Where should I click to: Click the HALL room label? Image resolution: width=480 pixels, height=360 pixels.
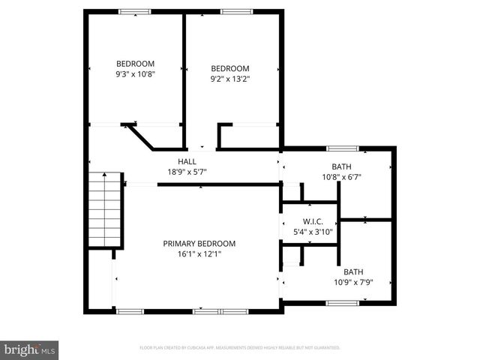187,161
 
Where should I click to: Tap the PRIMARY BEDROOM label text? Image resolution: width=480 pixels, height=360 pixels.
199,244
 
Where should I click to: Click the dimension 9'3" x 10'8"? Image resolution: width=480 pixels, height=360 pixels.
135,74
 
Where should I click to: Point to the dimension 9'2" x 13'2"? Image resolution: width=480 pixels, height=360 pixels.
230,78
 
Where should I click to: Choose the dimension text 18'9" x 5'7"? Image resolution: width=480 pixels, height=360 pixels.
187,172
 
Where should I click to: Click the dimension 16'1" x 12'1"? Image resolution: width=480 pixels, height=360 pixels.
199,254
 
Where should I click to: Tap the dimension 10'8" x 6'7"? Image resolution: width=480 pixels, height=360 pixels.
341,177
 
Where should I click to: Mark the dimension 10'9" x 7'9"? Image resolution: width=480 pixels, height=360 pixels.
352,282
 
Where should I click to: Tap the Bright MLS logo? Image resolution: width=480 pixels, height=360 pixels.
29,349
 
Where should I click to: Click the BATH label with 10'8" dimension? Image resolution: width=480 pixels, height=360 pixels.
341,166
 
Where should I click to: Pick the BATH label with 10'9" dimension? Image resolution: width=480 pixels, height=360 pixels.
352,271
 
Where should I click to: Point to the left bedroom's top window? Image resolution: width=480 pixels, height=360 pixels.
135,11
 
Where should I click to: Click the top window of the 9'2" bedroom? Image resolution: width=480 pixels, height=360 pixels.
235,11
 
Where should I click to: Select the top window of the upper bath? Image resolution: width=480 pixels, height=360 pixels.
342,148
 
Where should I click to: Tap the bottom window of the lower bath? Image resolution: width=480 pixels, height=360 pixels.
342,303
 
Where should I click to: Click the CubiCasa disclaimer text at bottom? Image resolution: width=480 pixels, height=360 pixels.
240,348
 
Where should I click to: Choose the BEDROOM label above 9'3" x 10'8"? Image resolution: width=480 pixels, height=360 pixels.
135,64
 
